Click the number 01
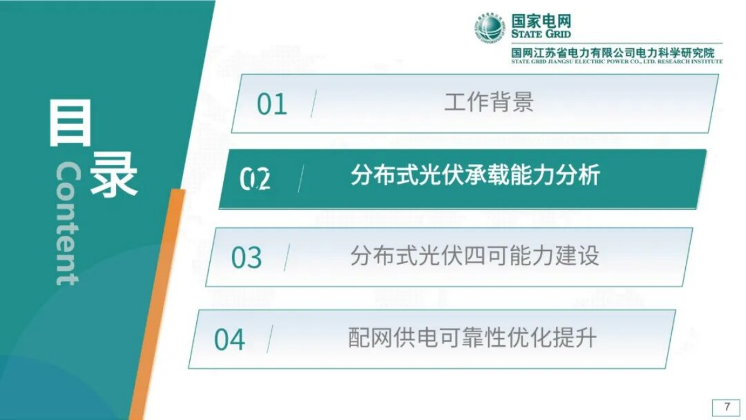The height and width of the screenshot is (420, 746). [271, 105]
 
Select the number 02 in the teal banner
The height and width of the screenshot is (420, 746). [255, 180]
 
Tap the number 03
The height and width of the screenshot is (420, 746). [246, 258]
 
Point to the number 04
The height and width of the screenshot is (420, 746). [229, 340]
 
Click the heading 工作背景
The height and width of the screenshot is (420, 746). [489, 102]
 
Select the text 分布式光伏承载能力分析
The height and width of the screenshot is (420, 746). [475, 175]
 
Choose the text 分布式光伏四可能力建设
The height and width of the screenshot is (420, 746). [475, 255]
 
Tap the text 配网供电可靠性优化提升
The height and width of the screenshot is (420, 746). [472, 338]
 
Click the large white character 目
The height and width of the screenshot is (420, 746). [70, 125]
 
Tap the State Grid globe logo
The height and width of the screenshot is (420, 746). [489, 28]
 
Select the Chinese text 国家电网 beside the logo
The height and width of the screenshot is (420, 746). [541, 21]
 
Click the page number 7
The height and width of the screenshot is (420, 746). [727, 407]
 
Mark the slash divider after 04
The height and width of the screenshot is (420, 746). [270, 339]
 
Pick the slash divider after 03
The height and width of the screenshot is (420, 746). [286, 258]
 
